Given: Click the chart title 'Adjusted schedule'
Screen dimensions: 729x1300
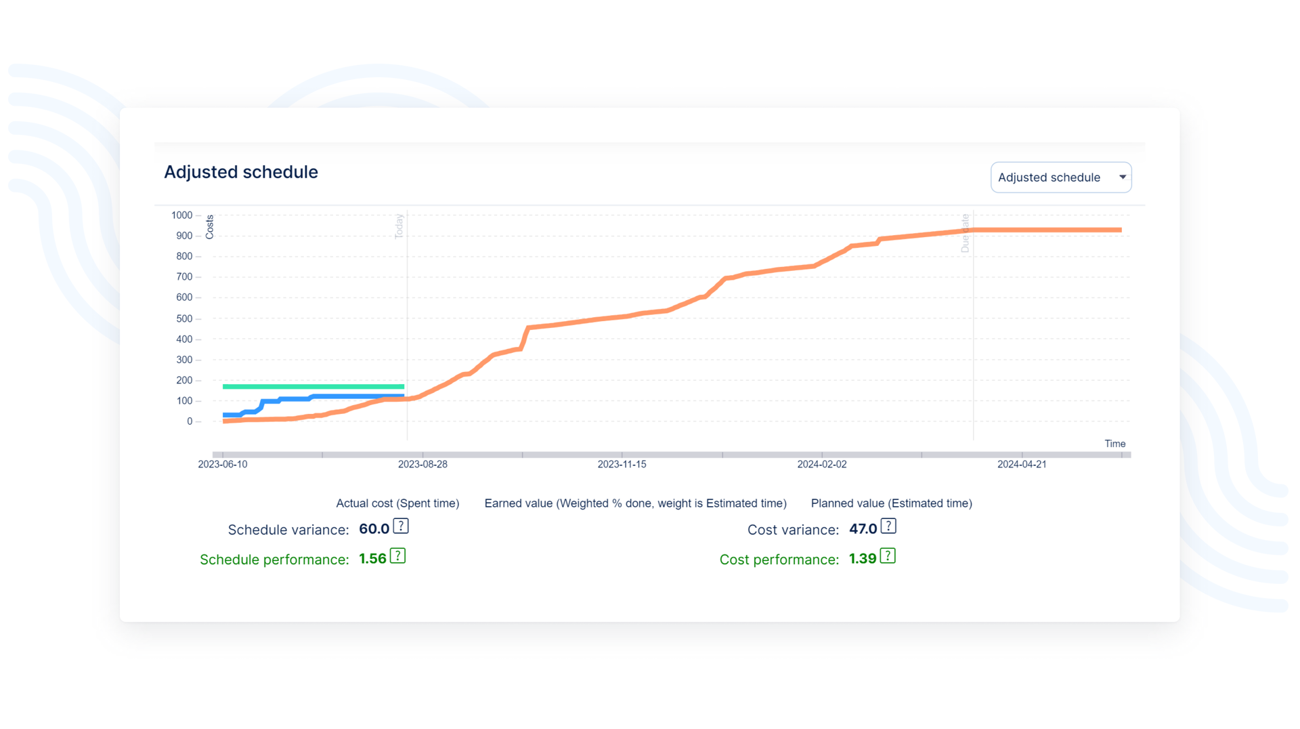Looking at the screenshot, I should point(240,172).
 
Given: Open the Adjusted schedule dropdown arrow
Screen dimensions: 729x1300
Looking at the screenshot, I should point(1122,178).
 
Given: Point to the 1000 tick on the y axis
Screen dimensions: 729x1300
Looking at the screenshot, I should point(182,215).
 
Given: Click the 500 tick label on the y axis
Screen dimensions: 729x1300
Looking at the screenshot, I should point(184,318).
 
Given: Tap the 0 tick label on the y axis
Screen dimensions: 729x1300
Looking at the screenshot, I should point(190,421).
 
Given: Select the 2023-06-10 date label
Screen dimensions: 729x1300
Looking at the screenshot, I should point(222,464).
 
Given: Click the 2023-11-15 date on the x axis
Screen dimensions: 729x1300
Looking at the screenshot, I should point(622,464).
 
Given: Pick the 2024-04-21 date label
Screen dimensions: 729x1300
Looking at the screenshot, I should point(1022,464).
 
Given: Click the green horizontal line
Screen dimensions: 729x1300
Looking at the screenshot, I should point(313,387).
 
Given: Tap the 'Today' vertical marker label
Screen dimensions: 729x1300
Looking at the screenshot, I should point(399,226).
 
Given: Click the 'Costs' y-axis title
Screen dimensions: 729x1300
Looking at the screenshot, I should point(210,227).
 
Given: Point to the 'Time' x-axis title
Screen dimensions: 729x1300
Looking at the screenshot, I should point(1114,444).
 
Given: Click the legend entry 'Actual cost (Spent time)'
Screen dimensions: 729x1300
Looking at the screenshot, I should point(397,503).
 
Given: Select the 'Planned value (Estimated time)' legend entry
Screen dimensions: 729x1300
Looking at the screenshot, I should point(891,503).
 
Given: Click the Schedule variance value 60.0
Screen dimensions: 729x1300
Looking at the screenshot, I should point(374,529).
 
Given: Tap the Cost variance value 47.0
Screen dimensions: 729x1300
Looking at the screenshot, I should point(863,529).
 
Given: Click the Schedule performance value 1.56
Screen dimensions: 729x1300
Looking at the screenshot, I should point(372,559).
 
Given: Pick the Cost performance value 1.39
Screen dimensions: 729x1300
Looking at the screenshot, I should point(863,559).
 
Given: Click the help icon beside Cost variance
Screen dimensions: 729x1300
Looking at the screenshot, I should point(888,526).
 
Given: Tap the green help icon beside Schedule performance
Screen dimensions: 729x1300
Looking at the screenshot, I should point(398,556).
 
